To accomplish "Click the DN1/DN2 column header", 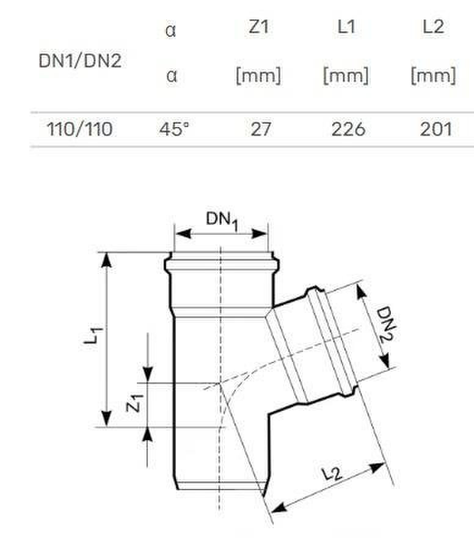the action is (80, 61).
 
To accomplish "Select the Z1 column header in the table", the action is (258, 27).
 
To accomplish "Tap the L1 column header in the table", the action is (346, 27).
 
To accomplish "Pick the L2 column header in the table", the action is (434, 27).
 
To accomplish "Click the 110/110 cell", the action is (80, 129).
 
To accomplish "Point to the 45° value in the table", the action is (174, 129).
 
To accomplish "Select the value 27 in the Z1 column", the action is (260, 129).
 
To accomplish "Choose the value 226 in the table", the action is (348, 129).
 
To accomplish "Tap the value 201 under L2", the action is (436, 129).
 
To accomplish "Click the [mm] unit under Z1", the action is (258, 76).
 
